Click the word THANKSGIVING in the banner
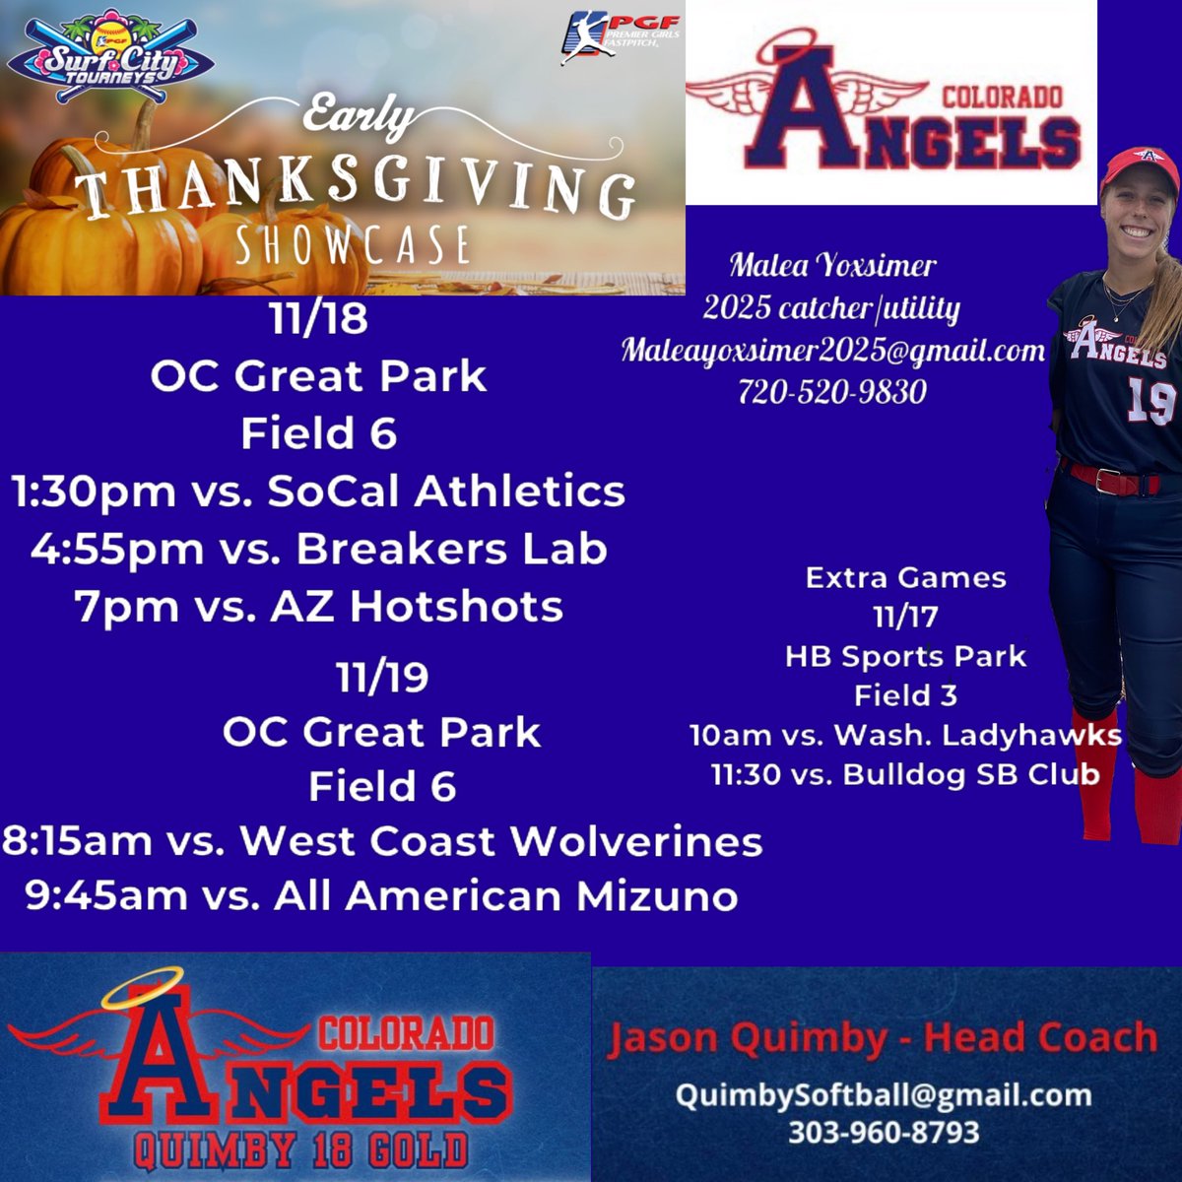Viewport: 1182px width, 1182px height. coord(355,188)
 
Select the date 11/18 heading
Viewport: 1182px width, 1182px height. coord(317,319)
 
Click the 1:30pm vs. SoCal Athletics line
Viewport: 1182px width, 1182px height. coord(317,491)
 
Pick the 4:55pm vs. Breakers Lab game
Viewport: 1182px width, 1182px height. coord(317,549)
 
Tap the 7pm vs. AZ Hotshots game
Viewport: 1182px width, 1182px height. coord(317,606)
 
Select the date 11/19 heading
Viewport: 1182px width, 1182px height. coord(381,678)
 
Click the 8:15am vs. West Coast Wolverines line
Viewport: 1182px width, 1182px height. coord(381,841)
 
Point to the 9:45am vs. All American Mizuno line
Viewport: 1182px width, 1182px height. coord(381,896)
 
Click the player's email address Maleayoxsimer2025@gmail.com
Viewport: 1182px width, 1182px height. coord(832,350)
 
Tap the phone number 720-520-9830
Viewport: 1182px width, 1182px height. coord(832,392)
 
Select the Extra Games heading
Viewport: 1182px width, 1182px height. coord(905,577)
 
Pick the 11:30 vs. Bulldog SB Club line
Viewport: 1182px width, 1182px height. coord(905,774)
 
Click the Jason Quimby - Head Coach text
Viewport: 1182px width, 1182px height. coord(882,1038)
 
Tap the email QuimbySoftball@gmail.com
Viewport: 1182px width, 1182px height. coord(884,1094)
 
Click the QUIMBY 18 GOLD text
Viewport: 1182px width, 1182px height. coord(300,1149)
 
